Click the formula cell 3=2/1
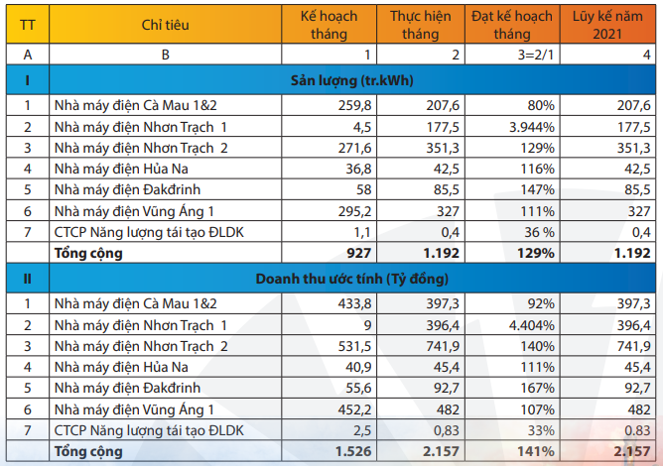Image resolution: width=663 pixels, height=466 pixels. click(x=536, y=55)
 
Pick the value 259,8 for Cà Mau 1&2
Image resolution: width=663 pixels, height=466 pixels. click(x=355, y=104)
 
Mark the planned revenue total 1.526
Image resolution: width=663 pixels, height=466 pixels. click(x=355, y=451)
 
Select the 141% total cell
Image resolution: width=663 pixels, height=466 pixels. click(x=536, y=451)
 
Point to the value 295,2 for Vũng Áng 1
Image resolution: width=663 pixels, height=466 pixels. click(x=355, y=211)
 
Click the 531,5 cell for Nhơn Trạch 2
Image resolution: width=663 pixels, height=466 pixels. click(x=355, y=345)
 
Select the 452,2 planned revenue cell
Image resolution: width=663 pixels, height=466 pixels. click(x=355, y=408)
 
